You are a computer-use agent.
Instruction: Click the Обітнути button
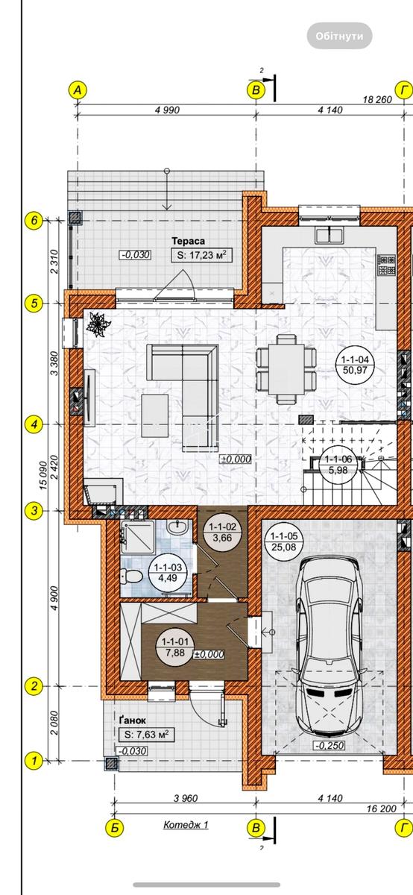coord(339,36)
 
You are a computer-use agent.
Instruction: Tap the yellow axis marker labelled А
coord(78,90)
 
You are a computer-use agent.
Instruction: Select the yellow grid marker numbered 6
coord(34,220)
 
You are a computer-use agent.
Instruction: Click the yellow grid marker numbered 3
coord(34,510)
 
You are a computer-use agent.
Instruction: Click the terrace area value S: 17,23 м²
coord(202,255)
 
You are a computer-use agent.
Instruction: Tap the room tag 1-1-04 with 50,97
coord(355,365)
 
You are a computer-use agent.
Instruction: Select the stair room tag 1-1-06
coord(338,465)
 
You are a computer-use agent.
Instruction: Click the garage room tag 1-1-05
coord(283,541)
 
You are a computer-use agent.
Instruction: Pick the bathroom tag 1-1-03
coord(168,572)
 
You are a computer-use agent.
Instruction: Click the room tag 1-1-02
coord(222,533)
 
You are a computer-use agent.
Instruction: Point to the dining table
coord(286,370)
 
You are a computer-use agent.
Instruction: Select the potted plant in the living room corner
coord(96,324)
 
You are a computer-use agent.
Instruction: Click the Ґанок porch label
coord(133,720)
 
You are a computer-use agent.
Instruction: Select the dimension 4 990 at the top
coord(167,110)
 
